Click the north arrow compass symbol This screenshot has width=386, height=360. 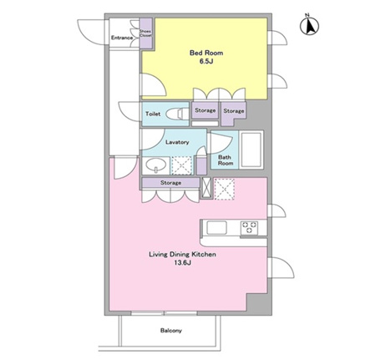pos(309,26)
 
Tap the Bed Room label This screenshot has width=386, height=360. pos(206,53)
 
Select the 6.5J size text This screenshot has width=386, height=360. pos(206,62)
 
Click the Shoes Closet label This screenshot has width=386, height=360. pos(145,33)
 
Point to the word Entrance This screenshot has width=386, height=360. pos(122,38)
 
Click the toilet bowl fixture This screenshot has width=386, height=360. pos(177,114)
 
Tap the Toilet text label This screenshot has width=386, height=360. pos(153,114)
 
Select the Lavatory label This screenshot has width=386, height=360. pos(177,142)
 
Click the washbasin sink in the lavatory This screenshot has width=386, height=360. pos(155,165)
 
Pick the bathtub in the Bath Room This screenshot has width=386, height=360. pos(251,150)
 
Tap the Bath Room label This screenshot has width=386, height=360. pos(225,160)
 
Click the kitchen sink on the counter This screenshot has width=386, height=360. pos(216,228)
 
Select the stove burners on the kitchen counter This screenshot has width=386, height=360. pos(249,227)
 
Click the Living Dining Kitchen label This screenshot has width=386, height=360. pos(182,254)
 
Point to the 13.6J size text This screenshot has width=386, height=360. pos(182,263)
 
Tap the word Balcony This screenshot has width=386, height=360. pos(171,331)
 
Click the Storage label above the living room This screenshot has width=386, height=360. pos(170,183)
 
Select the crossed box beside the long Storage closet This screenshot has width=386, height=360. pos(206,188)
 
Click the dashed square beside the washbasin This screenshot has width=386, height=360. pos(182,165)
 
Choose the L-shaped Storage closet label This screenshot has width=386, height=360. pos(234,111)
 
